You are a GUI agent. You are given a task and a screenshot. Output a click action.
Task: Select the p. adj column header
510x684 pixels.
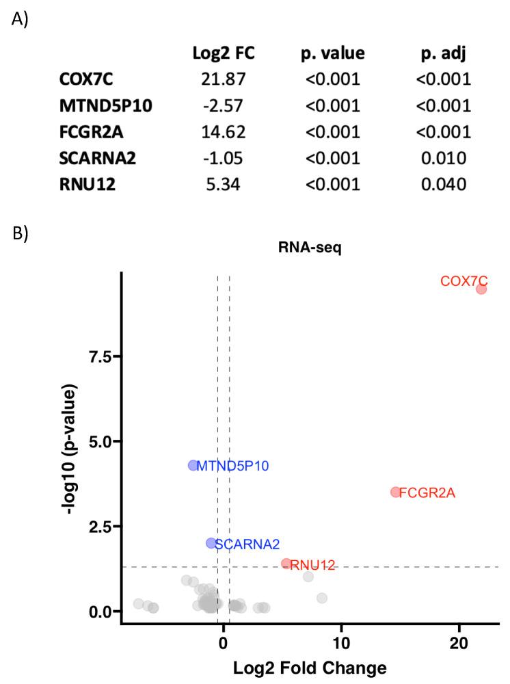(443, 53)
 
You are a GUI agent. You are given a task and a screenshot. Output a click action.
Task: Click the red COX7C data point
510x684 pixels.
(481, 289)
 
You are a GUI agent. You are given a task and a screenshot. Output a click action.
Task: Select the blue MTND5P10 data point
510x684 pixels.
(193, 465)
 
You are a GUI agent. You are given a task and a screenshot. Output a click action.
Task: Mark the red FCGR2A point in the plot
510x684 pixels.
(395, 492)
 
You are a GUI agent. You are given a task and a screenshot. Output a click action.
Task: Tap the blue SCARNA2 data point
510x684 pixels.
(211, 543)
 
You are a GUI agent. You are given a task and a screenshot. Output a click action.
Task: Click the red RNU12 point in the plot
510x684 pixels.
(286, 564)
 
